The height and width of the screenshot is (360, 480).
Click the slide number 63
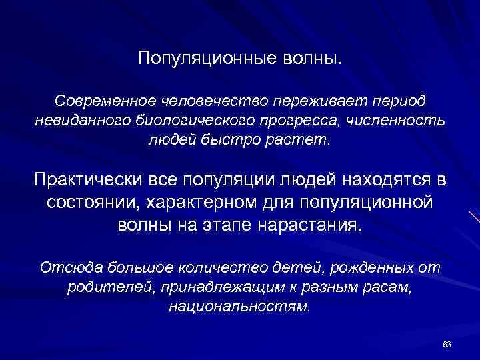(x=447, y=344)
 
